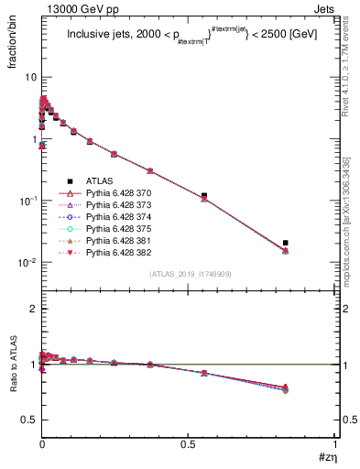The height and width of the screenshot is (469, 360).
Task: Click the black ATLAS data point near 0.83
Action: tap(286, 243)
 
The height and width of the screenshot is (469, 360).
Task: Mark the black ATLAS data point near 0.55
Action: tap(203, 195)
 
